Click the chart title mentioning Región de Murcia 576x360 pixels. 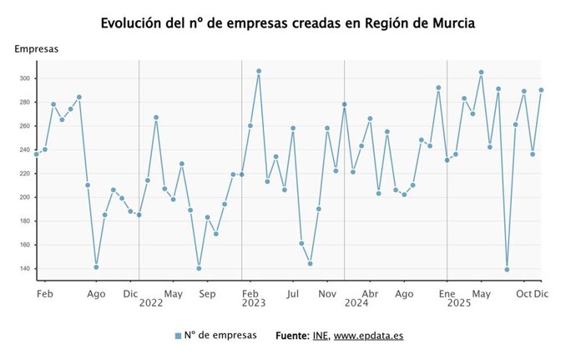click(x=287, y=23)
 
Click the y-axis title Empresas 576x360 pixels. click(x=36, y=49)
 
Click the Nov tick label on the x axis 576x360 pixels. click(x=327, y=294)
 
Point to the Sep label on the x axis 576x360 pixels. click(x=207, y=294)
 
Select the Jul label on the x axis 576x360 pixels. click(x=293, y=294)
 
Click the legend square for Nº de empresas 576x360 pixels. click(x=178, y=336)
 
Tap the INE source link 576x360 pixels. click(x=321, y=336)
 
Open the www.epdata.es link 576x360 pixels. click(x=368, y=336)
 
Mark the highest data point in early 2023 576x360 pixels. click(x=259, y=71)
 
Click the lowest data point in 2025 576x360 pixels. click(x=507, y=270)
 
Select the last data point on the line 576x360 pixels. click(x=541, y=90)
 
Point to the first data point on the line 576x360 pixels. click(x=37, y=155)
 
